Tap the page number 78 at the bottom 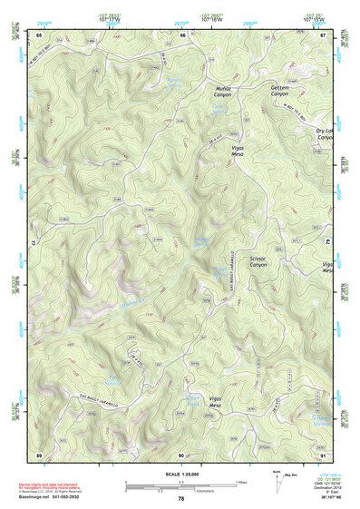(x=180, y=498)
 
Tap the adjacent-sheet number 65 (x=39, y=35)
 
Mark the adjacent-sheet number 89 (x=39, y=453)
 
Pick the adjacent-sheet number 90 (x=181, y=453)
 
